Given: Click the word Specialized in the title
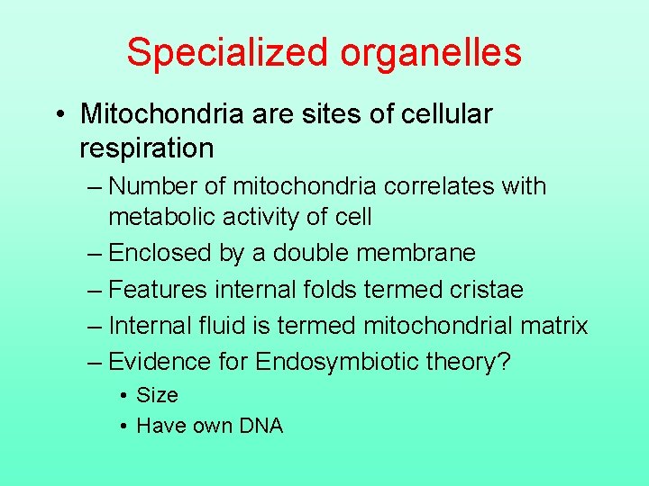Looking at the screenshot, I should [x=228, y=52].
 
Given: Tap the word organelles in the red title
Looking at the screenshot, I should [x=431, y=52].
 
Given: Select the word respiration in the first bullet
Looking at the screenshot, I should [x=146, y=148].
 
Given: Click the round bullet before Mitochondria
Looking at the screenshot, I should [x=59, y=115].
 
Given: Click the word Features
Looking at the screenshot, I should [x=159, y=289].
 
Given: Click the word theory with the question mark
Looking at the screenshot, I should [x=465, y=362].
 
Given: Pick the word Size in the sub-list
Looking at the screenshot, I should [x=157, y=395].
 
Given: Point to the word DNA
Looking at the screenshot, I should [x=261, y=426].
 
